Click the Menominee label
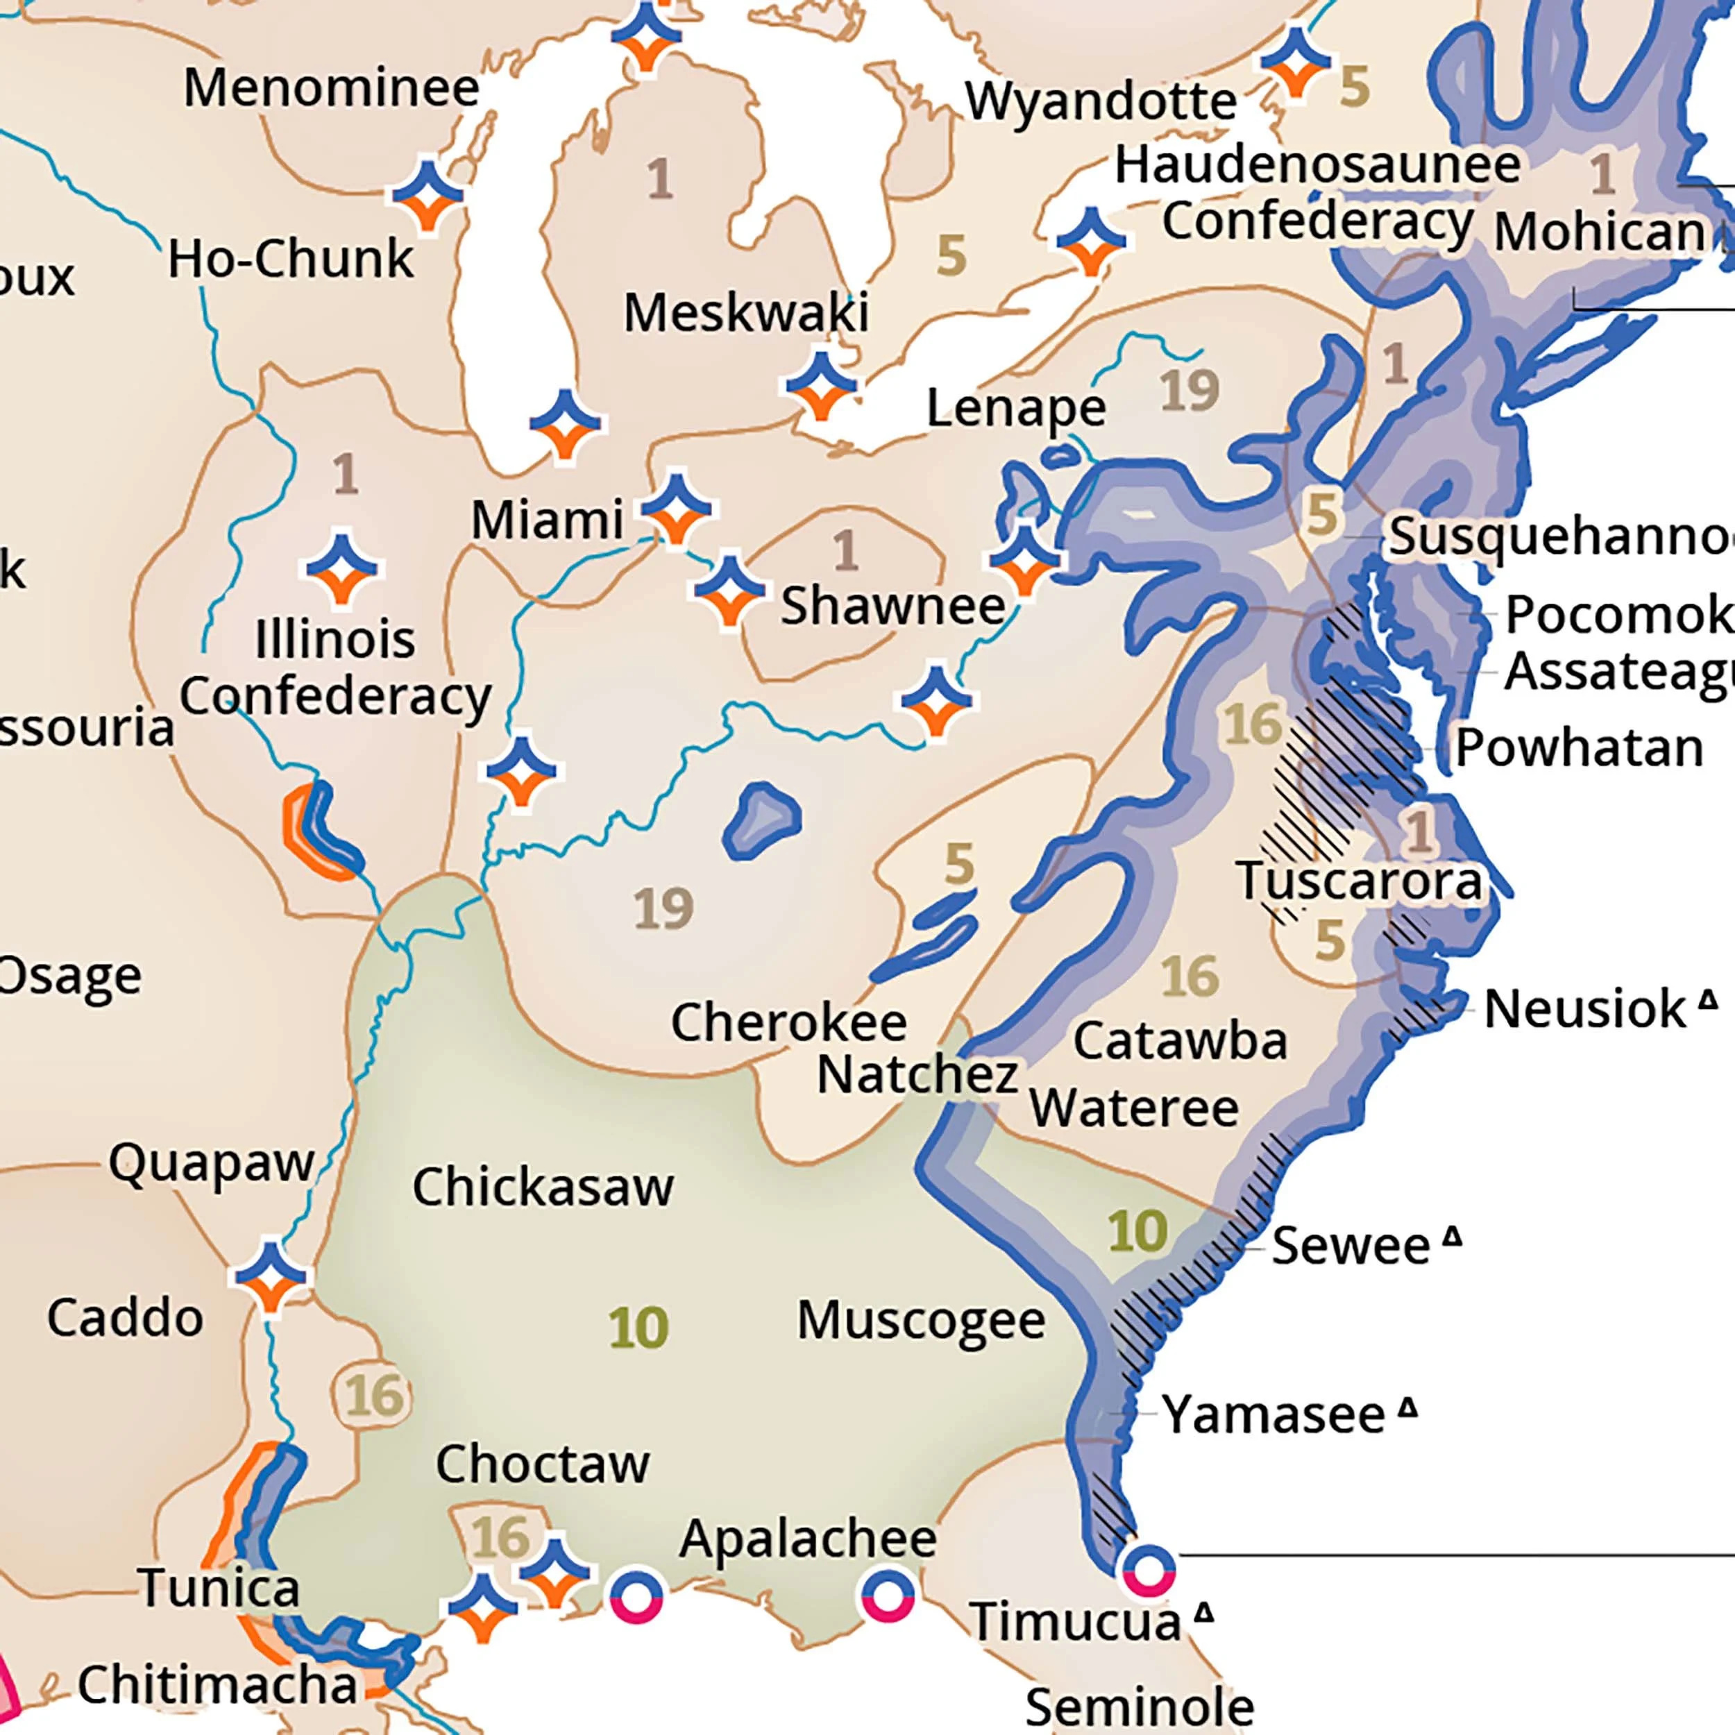[x=331, y=89]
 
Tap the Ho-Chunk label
[x=290, y=260]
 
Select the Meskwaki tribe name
[x=746, y=314]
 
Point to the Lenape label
[x=1016, y=409]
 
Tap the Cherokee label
[x=788, y=1022]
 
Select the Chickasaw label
[x=543, y=1187]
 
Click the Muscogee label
[x=920, y=1320]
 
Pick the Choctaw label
[x=543, y=1464]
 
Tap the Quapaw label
[x=211, y=1164]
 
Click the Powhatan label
[x=1579, y=747]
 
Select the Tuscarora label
[x=1360, y=881]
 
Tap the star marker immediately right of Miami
[x=676, y=507]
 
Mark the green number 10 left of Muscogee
[x=638, y=1328]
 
